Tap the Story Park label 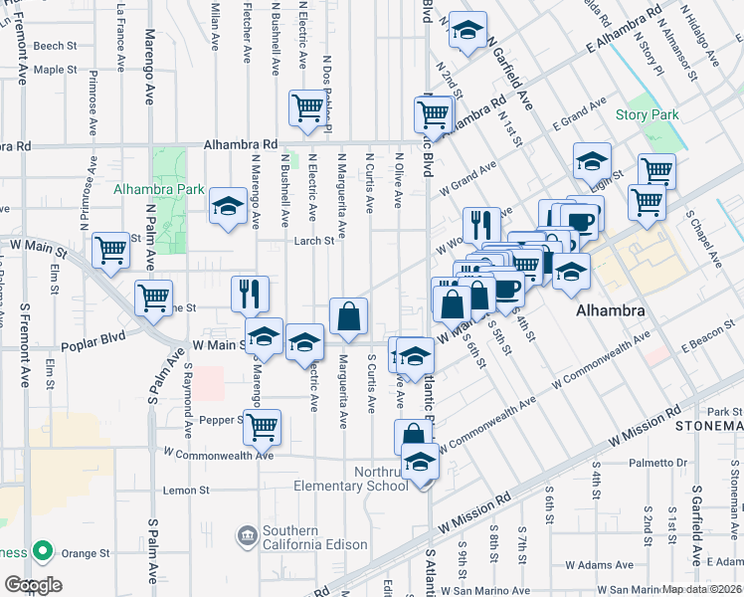(x=647, y=115)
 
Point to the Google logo (x=33, y=584)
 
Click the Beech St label (x=55, y=46)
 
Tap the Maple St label (x=55, y=70)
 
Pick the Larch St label (x=312, y=240)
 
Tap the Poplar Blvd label (x=91, y=345)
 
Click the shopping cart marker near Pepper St (x=263, y=427)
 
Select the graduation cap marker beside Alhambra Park (x=228, y=207)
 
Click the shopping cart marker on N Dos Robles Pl (x=307, y=107)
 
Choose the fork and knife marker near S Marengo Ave (x=250, y=293)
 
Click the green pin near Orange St (x=43, y=550)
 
